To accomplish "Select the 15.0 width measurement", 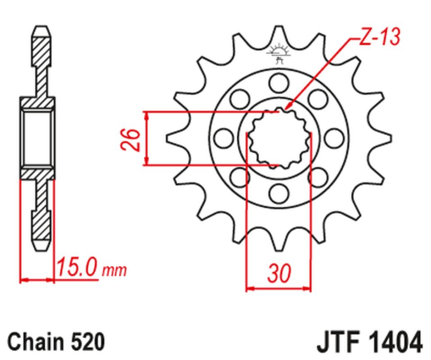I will pos(77,269).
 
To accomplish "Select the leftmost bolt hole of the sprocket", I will pos(221,137).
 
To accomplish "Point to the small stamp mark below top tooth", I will pos(278,54).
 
